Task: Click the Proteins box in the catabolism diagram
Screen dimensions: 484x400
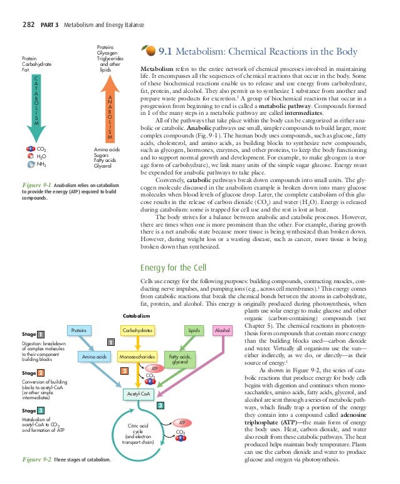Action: click(x=78, y=330)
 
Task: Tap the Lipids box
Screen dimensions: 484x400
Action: click(x=193, y=330)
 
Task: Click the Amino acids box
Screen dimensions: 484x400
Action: click(x=93, y=357)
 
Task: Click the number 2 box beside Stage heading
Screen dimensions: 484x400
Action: click(x=40, y=374)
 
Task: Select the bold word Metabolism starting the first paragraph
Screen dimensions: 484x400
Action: click(x=157, y=66)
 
